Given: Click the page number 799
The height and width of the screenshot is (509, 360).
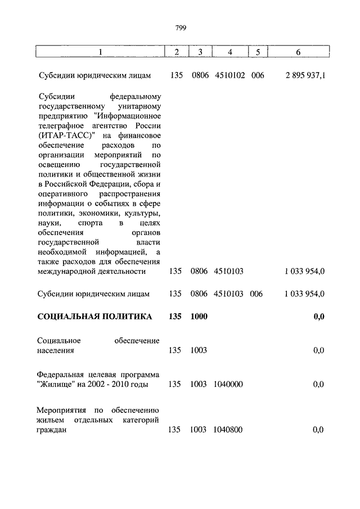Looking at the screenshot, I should (x=180, y=28).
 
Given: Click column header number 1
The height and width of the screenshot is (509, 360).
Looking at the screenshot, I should (x=100, y=52).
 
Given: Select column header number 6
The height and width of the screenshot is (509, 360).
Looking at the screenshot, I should (x=298, y=52).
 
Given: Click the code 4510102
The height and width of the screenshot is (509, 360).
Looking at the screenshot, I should (x=229, y=75).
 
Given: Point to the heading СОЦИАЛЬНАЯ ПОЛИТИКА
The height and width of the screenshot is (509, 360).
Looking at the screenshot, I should (x=94, y=317).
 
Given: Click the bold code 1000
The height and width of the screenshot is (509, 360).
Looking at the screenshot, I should (x=199, y=317).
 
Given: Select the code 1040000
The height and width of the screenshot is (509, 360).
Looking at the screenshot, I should (x=228, y=385).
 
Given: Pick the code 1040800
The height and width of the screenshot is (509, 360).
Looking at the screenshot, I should (x=228, y=430).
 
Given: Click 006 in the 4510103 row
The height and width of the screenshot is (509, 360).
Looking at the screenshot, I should (x=258, y=294).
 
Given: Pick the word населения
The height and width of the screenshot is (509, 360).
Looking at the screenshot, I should (x=56, y=350).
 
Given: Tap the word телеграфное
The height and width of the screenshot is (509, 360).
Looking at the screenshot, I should (x=62, y=125).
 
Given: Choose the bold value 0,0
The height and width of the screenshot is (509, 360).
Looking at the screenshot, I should (x=318, y=317).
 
